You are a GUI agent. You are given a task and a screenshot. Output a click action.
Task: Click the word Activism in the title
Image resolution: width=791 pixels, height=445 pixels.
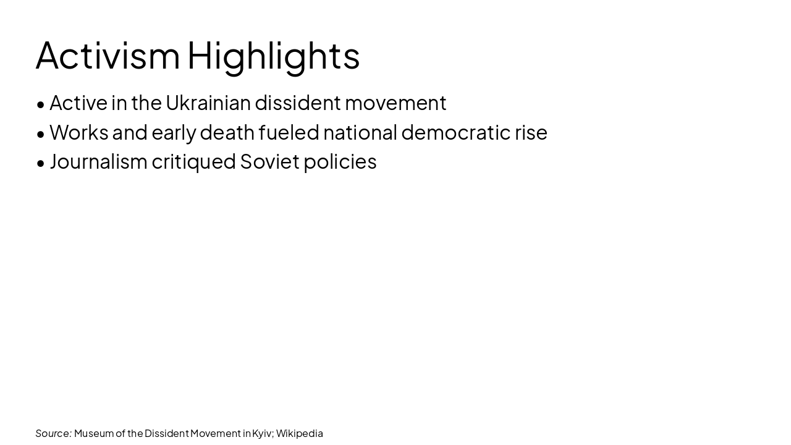(x=108, y=55)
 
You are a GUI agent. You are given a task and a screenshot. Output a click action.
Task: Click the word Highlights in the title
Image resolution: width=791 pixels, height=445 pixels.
(x=273, y=55)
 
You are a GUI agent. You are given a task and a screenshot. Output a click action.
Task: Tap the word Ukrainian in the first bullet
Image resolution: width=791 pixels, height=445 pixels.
(x=208, y=103)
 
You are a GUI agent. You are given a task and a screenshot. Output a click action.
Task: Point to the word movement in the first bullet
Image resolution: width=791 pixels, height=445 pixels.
(x=395, y=103)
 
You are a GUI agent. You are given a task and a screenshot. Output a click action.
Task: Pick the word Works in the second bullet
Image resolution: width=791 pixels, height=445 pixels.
(x=78, y=132)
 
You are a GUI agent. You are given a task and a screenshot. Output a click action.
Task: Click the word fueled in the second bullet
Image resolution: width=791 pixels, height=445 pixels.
(x=289, y=132)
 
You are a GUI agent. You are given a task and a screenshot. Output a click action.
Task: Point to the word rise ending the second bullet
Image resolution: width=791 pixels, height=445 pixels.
(x=531, y=132)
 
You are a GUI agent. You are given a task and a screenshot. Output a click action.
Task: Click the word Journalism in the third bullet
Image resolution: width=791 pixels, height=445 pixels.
(x=99, y=161)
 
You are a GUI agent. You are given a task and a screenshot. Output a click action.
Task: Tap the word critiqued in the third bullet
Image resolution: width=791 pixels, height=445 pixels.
(x=193, y=161)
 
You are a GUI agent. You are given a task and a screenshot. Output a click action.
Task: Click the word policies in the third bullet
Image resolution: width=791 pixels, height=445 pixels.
(x=340, y=161)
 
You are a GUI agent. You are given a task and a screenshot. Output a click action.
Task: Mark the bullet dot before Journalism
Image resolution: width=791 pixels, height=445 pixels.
(x=41, y=163)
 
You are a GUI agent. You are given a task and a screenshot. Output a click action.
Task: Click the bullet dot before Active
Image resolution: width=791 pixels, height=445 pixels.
(x=41, y=104)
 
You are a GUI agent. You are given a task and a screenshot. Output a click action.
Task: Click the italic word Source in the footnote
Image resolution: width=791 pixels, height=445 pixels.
(x=53, y=433)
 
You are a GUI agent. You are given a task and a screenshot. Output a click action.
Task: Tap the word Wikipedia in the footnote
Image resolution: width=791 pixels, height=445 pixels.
(x=300, y=433)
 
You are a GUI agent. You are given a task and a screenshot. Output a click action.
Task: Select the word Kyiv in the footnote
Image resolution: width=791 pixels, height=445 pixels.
(x=262, y=433)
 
